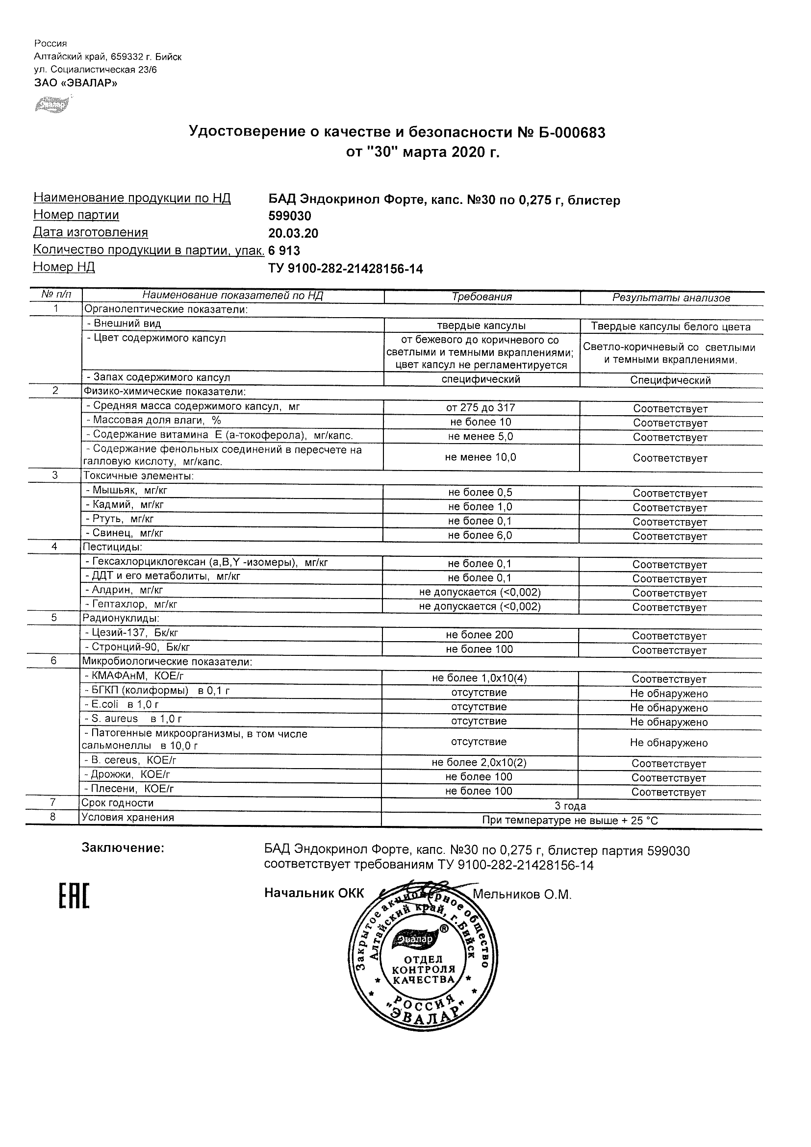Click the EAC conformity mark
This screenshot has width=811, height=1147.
(74, 909)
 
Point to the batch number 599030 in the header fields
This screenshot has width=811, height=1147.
(290, 216)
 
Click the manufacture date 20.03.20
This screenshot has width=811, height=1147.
(293, 233)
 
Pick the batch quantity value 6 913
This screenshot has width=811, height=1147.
(284, 250)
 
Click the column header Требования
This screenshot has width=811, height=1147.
(482, 297)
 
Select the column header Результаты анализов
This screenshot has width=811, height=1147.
(671, 298)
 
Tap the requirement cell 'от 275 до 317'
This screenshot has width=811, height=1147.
(481, 408)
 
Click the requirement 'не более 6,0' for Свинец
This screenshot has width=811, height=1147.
(480, 535)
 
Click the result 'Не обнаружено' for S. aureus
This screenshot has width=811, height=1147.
(669, 722)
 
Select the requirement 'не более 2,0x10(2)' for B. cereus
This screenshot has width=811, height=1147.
(479, 762)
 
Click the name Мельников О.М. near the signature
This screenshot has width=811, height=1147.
(522, 894)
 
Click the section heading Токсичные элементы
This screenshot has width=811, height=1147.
(138, 475)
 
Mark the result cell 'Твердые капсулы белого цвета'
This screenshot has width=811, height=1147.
(671, 327)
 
